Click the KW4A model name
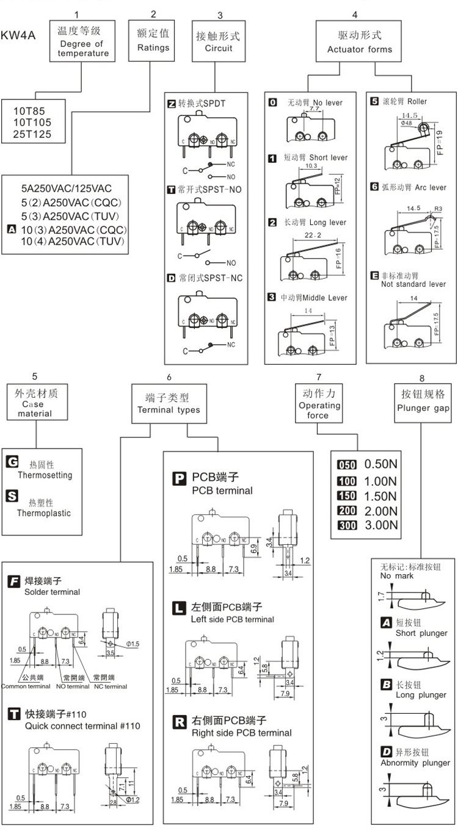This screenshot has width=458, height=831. [x=18, y=36]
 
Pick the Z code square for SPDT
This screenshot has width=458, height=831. [x=171, y=104]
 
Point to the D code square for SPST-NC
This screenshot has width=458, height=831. [x=171, y=278]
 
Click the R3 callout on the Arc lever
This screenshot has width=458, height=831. [x=436, y=209]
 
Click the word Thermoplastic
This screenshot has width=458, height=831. [x=44, y=513]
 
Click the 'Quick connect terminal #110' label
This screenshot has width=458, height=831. [x=82, y=726]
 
